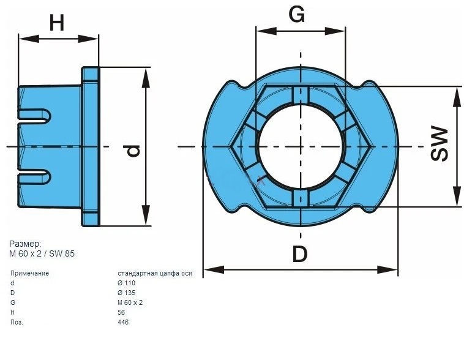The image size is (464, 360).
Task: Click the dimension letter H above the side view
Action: (57, 23)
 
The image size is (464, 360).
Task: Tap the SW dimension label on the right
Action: (439, 144)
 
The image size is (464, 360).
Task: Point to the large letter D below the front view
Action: (300, 253)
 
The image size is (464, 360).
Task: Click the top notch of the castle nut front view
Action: (300, 94)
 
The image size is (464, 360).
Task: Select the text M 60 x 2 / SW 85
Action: (42, 253)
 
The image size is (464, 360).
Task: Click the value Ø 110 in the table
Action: (126, 283)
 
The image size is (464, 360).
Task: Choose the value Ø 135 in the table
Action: (126, 293)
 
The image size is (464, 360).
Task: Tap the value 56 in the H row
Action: (121, 312)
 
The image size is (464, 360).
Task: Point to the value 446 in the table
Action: (123, 322)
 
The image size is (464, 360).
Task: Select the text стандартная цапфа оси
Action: (154, 273)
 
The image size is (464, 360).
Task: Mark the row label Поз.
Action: (17, 322)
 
